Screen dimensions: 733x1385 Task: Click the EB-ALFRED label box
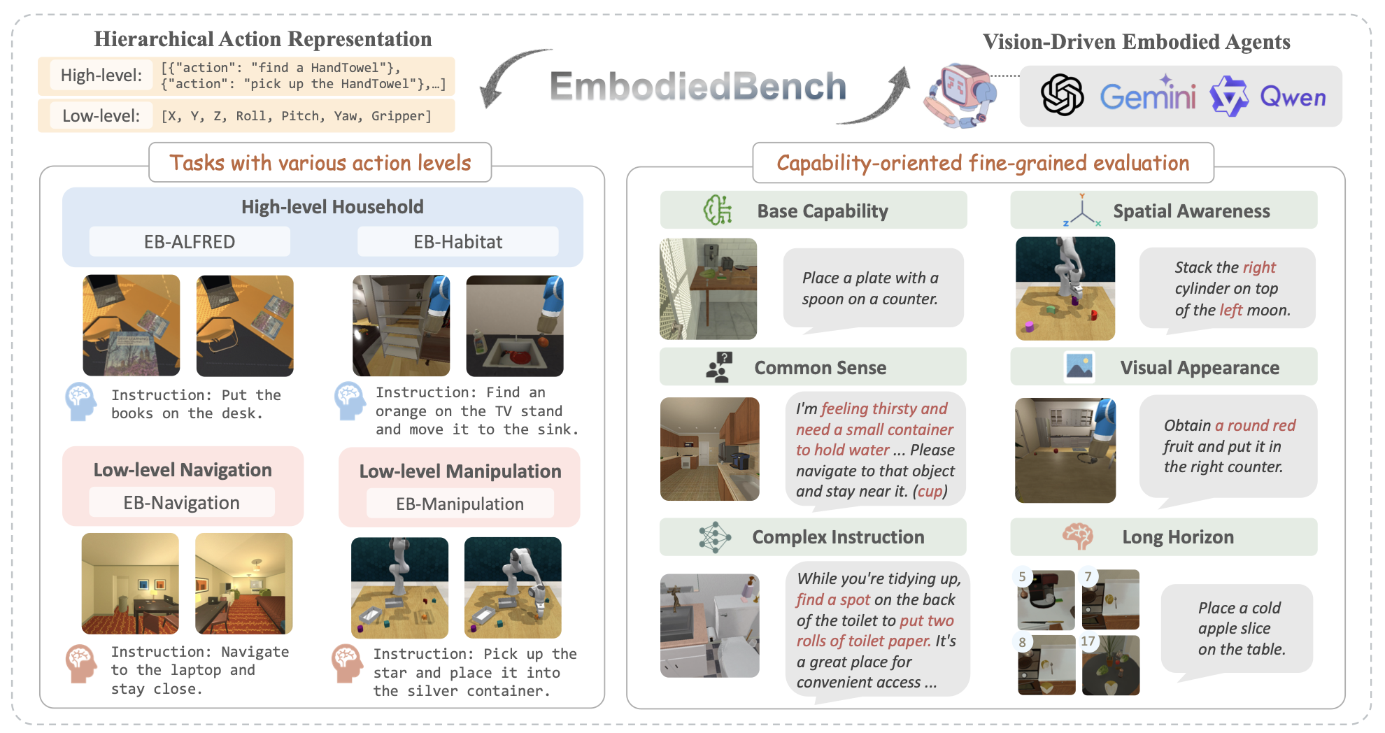click(x=190, y=242)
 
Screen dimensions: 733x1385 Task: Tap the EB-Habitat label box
click(x=457, y=242)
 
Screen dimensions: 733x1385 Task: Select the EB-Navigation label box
click(x=182, y=503)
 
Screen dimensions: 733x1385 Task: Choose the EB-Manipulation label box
click(x=460, y=504)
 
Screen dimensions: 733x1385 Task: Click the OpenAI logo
click(x=1062, y=95)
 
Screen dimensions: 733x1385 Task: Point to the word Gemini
click(x=1147, y=97)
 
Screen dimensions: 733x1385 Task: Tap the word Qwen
click(x=1293, y=97)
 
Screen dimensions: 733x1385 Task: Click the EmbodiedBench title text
click(x=698, y=87)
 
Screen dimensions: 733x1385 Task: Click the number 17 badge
click(x=1088, y=641)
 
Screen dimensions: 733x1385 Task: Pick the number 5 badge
click(x=1023, y=577)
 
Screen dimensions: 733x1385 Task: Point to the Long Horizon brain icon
click(x=1077, y=536)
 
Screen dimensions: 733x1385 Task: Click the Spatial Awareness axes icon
click(x=1081, y=211)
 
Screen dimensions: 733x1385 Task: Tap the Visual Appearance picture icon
click(x=1079, y=367)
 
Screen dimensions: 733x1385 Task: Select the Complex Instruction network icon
click(x=714, y=537)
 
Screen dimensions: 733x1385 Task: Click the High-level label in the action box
click(x=101, y=76)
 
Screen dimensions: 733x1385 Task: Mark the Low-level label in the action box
click(x=101, y=115)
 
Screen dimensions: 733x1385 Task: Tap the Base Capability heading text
click(x=823, y=211)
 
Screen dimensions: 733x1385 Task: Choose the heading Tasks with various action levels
click(x=320, y=163)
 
